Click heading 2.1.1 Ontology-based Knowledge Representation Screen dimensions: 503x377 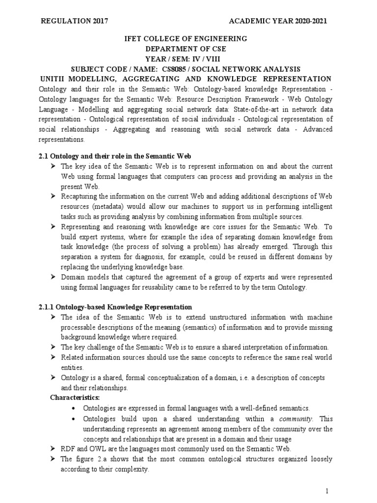(x=115, y=307)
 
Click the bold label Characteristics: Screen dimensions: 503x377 (x=75, y=397)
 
